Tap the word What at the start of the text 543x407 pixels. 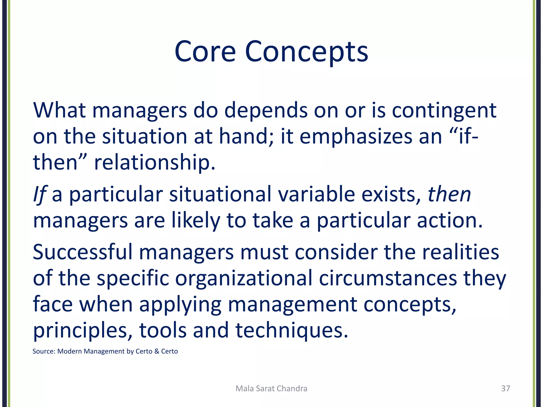59,110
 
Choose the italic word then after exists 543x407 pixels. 449,194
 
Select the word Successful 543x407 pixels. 82,252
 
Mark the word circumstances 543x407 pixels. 388,278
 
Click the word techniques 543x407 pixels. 291,331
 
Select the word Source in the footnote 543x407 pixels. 43,351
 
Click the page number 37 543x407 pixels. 505,388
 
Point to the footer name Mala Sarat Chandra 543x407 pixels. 271,388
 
